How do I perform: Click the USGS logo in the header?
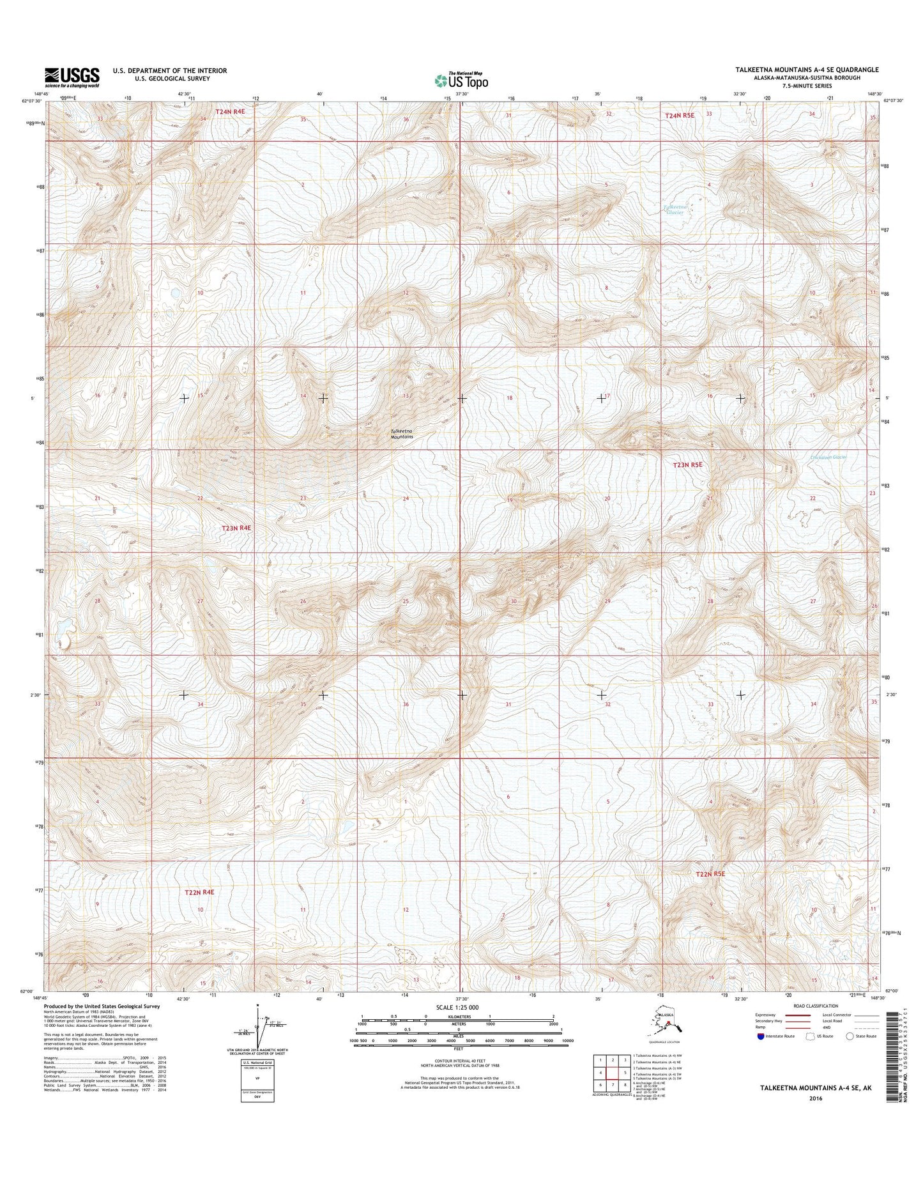coord(72,77)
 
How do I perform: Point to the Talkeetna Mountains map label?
coord(402,433)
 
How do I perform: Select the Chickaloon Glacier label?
coord(827,458)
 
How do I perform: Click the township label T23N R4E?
coord(237,528)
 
